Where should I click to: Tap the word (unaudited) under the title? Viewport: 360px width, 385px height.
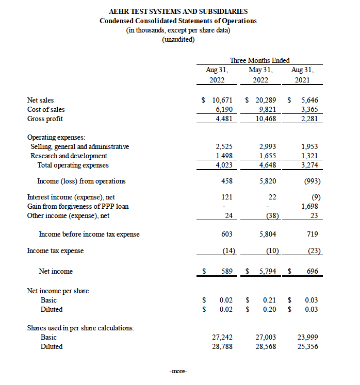pos(178,40)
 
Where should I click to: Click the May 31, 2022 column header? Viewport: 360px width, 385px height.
pos(260,75)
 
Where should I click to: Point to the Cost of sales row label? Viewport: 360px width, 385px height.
pos(46,109)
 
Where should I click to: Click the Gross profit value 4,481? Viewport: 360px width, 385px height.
pos(222,119)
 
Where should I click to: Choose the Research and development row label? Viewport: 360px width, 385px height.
pos(69,156)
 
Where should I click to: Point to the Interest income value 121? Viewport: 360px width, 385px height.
pos(226,197)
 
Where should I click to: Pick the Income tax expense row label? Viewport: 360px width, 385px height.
pos(55,250)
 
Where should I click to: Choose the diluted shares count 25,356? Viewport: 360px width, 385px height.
pos(308,346)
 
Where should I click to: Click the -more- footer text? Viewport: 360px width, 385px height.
pos(178,371)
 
